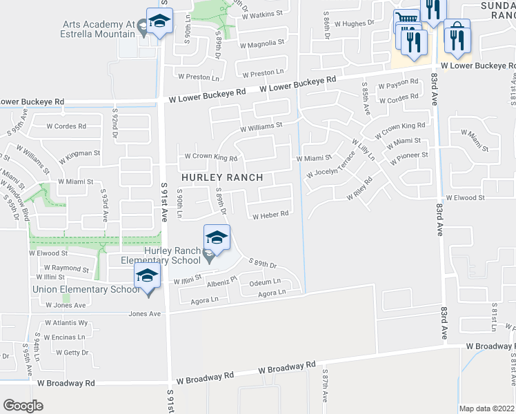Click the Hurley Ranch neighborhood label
[x=221, y=177]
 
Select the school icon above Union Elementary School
[x=147, y=277]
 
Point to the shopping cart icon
[x=406, y=21]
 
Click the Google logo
[x=23, y=406]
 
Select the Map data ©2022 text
[x=487, y=408]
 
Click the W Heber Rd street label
[x=270, y=215]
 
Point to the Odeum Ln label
[x=265, y=282]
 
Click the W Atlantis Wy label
[x=66, y=322]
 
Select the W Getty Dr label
[x=72, y=352]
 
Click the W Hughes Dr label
[x=355, y=23]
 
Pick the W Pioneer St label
[x=409, y=158]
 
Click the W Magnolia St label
[x=262, y=42]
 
